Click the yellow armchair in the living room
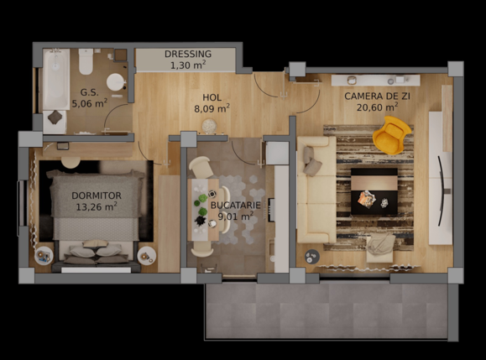(x=392, y=135)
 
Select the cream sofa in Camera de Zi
(x=316, y=197)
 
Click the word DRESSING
(x=188, y=54)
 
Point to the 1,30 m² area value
(x=188, y=65)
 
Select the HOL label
(x=212, y=97)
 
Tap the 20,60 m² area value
(x=377, y=107)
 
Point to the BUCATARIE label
(x=235, y=205)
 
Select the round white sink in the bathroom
(x=116, y=82)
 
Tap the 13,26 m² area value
(x=97, y=206)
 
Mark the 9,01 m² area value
(x=235, y=217)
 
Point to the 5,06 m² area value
(x=89, y=104)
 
